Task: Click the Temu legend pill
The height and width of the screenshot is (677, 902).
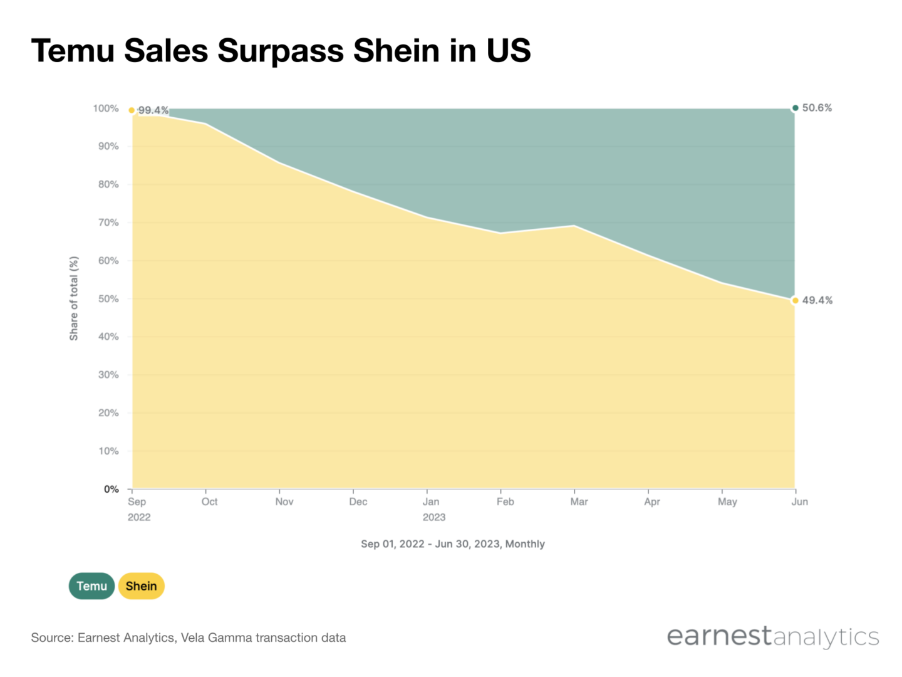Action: pyautogui.click(x=91, y=586)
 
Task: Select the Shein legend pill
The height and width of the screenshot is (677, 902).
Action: pyautogui.click(x=141, y=586)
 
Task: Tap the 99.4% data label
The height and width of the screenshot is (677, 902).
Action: pyautogui.click(x=153, y=110)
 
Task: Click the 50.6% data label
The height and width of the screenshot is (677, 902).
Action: pyautogui.click(x=817, y=108)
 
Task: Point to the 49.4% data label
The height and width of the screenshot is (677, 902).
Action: pyautogui.click(x=817, y=300)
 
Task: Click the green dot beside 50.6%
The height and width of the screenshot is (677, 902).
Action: pyautogui.click(x=796, y=108)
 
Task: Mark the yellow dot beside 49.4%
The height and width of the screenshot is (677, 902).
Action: pyautogui.click(x=796, y=300)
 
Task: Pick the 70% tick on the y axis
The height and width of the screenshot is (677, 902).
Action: pyautogui.click(x=108, y=223)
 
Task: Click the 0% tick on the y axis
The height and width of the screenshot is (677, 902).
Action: pyautogui.click(x=111, y=489)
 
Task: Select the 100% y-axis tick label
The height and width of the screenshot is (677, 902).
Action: pyautogui.click(x=105, y=108)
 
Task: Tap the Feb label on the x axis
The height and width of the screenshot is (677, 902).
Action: pyautogui.click(x=505, y=501)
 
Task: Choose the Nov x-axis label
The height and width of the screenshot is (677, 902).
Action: pyautogui.click(x=284, y=501)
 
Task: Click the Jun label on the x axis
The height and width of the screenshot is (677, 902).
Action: pyautogui.click(x=799, y=501)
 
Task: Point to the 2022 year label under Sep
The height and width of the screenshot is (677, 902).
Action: pyautogui.click(x=139, y=517)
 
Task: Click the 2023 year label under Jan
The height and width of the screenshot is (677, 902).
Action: pyautogui.click(x=433, y=517)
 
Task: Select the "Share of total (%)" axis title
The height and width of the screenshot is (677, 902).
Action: pyautogui.click(x=74, y=298)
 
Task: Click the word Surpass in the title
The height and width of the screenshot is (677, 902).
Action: pyautogui.click(x=281, y=51)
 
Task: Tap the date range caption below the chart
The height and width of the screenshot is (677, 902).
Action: pyautogui.click(x=452, y=544)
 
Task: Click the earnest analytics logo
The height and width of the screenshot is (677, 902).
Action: pyautogui.click(x=772, y=636)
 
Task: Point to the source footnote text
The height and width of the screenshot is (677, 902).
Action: pyautogui.click(x=188, y=638)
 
